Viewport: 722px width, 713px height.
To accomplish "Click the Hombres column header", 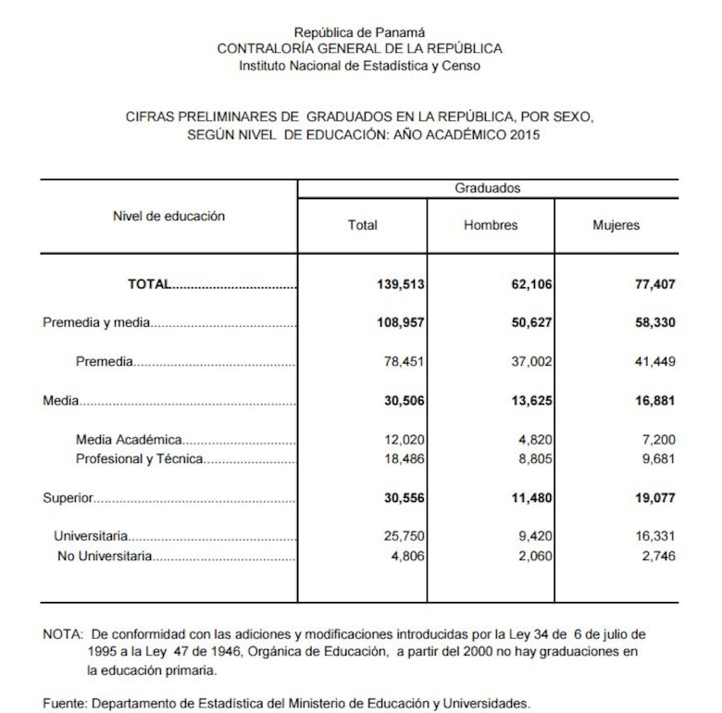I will pos(491,225).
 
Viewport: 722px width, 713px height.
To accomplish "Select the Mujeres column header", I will pos(616,225).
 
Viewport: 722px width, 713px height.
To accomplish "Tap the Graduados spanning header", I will pos(487,188).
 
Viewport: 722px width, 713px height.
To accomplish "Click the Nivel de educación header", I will pos(168,216).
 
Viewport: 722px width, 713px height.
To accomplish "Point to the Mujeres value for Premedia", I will pos(654,362).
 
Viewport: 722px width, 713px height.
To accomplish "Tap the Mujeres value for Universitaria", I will pos(654,536).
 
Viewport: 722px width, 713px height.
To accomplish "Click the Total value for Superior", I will pos(402,497).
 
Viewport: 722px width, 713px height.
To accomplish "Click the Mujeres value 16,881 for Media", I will pos(654,401).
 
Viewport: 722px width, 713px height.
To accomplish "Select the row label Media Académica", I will pos(129,440).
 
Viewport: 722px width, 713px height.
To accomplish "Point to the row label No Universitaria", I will pos(105,557).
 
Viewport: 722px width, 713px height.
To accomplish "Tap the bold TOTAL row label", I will pos(149,284).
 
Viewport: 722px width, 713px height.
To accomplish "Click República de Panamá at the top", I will pos(359,32).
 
